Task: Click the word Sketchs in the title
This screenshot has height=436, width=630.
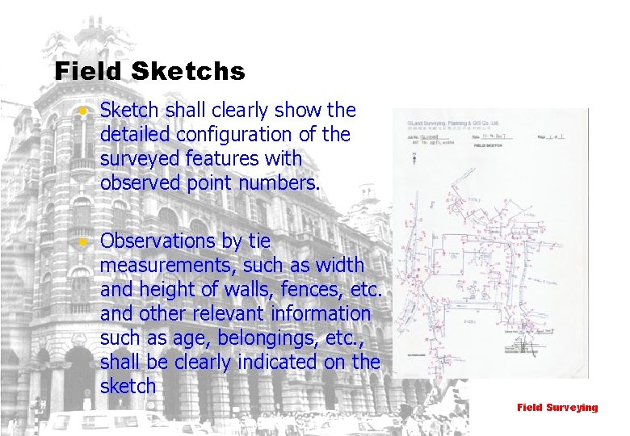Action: tap(187, 72)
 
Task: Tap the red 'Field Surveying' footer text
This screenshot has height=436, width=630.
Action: tap(557, 408)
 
